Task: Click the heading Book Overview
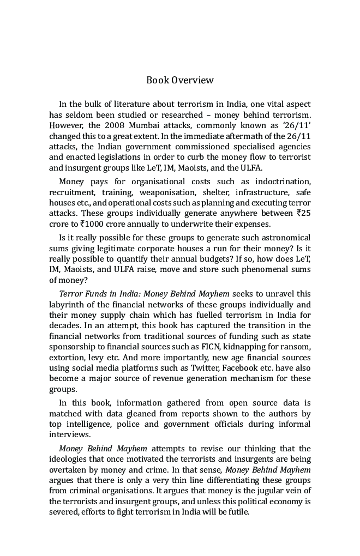(x=180, y=80)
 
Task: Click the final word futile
(x=237, y=512)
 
